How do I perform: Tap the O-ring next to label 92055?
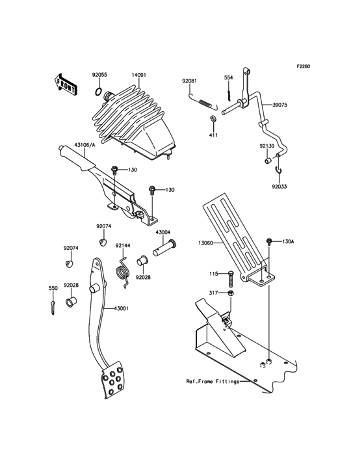98,91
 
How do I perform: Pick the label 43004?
162,231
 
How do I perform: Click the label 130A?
288,242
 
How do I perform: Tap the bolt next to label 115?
231,278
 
